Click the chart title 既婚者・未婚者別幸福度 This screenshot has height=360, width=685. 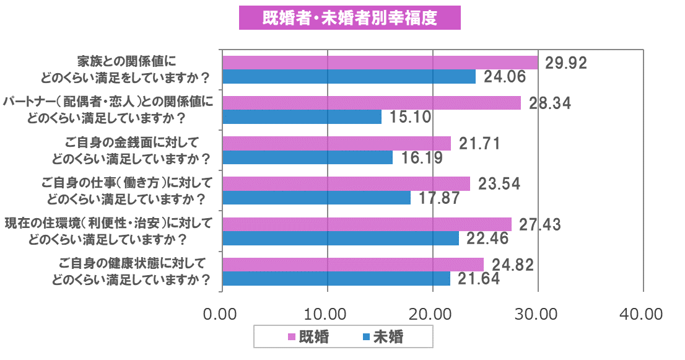point(350,18)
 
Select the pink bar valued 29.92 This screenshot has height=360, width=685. point(380,63)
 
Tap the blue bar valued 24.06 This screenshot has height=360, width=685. point(349,77)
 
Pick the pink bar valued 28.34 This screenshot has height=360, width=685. point(371,103)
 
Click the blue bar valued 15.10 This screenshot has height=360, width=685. point(302,117)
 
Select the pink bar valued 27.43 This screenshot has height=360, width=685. point(367,224)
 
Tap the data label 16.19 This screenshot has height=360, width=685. point(422,158)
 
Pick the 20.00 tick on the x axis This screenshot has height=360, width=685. point(433,314)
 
